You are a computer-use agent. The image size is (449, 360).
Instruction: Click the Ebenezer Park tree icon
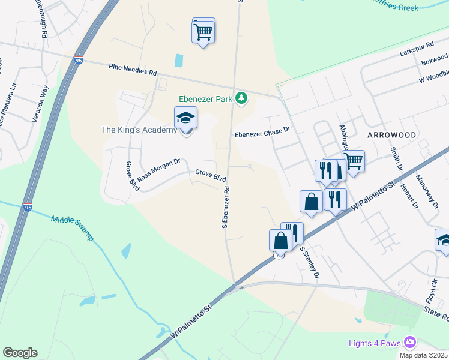click(x=241, y=98)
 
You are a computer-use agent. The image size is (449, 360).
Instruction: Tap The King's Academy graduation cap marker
click(x=185, y=119)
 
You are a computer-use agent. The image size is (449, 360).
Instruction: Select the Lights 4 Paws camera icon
click(x=411, y=343)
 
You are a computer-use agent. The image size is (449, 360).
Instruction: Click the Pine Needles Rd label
click(x=133, y=69)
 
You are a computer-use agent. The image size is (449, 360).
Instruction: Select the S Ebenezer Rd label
click(x=226, y=206)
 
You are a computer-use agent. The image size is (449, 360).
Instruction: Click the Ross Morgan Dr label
click(x=158, y=170)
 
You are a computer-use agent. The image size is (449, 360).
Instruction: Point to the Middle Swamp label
click(x=73, y=228)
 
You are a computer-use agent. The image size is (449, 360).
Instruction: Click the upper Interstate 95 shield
click(x=79, y=60)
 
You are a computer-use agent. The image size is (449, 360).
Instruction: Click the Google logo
click(x=20, y=353)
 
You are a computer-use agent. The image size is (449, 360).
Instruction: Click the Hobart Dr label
click(x=411, y=194)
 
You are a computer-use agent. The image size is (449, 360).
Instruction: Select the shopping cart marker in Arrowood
click(x=354, y=161)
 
